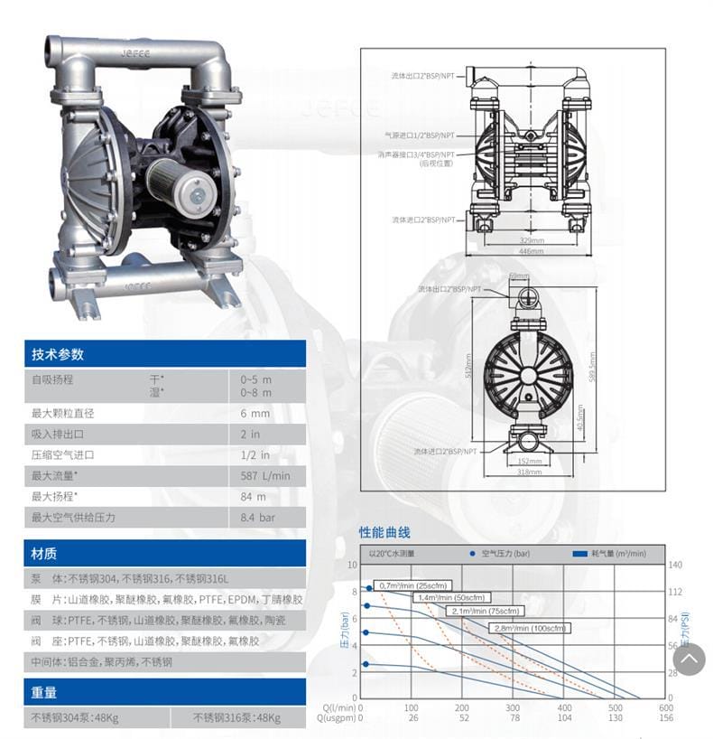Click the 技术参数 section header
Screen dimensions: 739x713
coord(58,354)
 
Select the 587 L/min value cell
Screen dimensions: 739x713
coord(265,475)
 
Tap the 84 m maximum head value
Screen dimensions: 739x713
coord(254,496)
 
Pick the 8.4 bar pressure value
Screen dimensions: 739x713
coord(258,518)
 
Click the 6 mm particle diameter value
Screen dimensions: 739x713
coord(255,413)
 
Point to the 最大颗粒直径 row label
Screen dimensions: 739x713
coord(62,413)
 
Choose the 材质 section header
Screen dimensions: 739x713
coord(44,553)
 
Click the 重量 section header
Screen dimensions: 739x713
coord(44,692)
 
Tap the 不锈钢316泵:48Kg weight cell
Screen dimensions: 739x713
coord(236,718)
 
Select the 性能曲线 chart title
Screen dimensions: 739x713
coord(384,532)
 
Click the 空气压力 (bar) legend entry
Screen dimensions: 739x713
coord(503,552)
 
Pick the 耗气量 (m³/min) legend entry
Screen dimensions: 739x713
coord(610,552)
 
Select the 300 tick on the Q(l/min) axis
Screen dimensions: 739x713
coord(514,707)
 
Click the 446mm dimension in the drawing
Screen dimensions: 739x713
coord(532,250)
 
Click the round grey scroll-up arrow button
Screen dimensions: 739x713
coord(689,659)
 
